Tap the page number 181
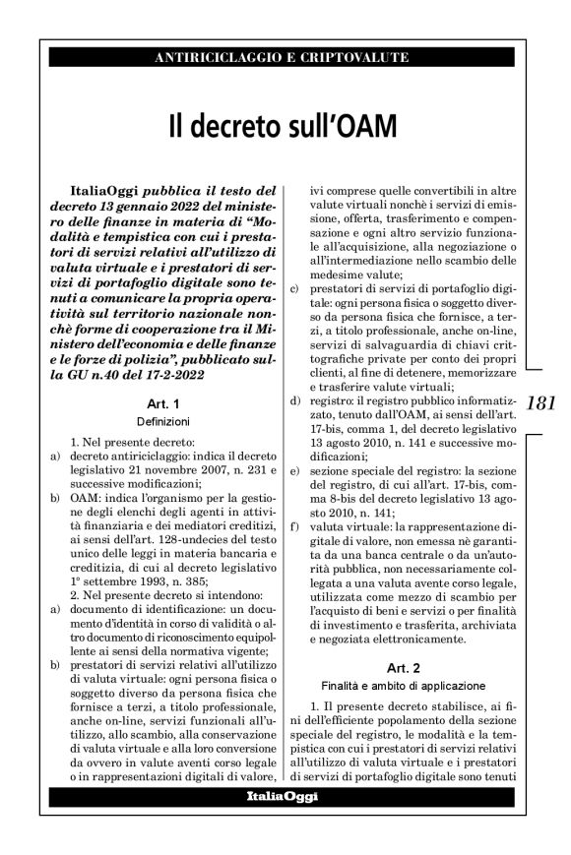(x=542, y=403)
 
